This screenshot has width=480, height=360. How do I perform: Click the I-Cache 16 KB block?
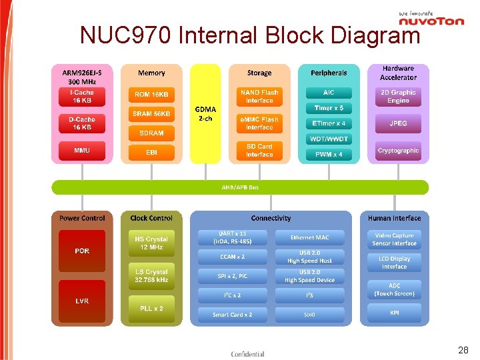82,97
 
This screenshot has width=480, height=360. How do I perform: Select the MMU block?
82,151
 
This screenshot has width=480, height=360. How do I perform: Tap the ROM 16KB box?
151,95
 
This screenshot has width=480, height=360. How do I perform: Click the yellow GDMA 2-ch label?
205,114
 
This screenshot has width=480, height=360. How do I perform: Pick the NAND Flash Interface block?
259,97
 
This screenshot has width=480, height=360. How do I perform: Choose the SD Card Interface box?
259,151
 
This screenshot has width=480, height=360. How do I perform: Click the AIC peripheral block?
329,93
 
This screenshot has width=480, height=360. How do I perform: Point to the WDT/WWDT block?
329,139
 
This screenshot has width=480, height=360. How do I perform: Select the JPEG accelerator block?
398,123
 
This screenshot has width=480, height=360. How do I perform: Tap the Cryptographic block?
398,151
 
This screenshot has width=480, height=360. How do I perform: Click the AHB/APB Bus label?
240,187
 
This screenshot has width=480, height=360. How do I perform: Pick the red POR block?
82,251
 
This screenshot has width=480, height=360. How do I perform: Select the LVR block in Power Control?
82,301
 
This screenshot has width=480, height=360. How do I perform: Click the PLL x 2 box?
151,308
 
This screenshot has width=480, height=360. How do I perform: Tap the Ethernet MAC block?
309,237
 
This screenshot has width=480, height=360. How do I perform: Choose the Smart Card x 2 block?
233,315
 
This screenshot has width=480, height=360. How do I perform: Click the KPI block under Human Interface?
395,313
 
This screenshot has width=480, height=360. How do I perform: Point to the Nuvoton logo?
431,19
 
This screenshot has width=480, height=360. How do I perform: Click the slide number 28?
463,350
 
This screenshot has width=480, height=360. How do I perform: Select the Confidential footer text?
247,354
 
